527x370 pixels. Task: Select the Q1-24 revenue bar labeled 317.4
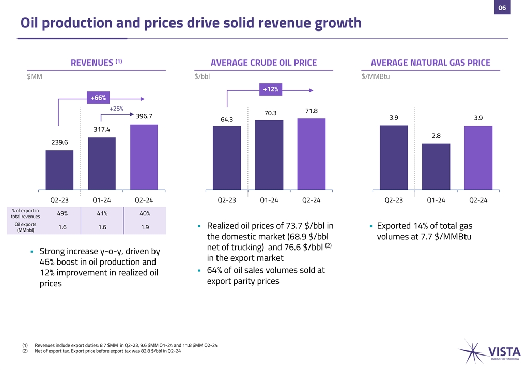click(x=102, y=164)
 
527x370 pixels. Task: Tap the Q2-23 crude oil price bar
click(x=227, y=158)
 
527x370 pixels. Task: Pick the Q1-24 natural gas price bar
click(x=436, y=166)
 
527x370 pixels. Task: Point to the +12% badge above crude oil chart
click(x=271, y=89)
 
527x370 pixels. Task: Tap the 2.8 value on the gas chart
click(x=436, y=136)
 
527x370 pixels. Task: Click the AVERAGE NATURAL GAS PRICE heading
click(x=430, y=63)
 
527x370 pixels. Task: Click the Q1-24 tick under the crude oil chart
click(x=269, y=200)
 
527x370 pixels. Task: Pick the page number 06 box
click(x=502, y=8)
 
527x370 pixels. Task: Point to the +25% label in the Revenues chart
click(x=116, y=109)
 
